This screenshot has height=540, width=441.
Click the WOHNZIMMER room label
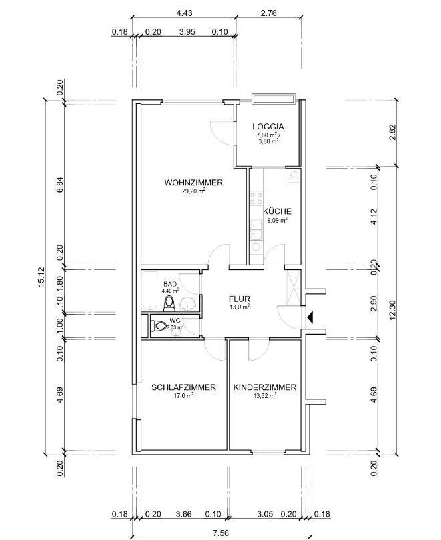click(x=193, y=183)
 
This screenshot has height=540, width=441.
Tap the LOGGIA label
click(x=268, y=127)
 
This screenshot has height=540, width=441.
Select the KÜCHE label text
click(x=278, y=211)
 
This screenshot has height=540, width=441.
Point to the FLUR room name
click(x=240, y=299)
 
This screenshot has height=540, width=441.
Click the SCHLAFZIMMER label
click(x=184, y=387)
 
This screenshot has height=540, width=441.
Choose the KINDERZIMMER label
click(x=265, y=387)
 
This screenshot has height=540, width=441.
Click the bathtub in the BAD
click(x=150, y=290)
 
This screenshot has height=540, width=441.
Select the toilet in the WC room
click(x=160, y=325)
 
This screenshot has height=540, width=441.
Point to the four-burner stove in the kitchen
click(x=256, y=198)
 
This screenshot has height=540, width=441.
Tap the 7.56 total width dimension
click(x=221, y=533)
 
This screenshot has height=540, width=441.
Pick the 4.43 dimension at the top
click(x=184, y=13)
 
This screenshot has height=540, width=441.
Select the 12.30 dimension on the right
click(x=393, y=310)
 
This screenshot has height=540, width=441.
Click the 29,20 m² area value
click(x=193, y=191)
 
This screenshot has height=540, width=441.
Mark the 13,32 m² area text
click(x=265, y=396)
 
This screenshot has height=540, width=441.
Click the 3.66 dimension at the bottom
click(x=184, y=514)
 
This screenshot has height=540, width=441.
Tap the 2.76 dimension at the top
click(x=269, y=13)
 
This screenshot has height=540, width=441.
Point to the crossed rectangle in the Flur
click(x=293, y=287)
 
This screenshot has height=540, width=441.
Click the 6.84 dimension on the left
click(x=59, y=186)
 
